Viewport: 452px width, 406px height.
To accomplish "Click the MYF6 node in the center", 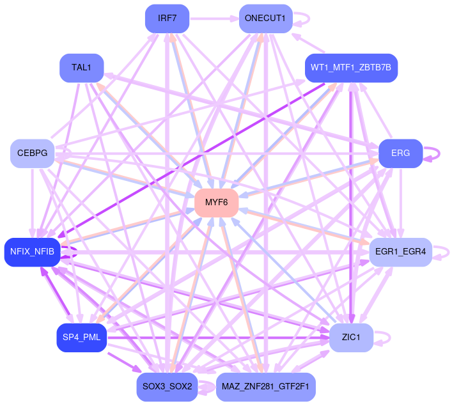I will [x=217, y=202].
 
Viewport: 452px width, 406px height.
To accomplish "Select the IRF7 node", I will [x=167, y=18].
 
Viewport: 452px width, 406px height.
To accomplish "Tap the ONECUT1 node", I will [x=265, y=18].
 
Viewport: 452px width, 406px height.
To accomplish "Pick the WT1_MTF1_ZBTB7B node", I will [x=352, y=67].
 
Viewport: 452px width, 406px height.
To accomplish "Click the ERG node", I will [x=401, y=153].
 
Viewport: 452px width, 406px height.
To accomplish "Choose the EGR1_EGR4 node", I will [x=401, y=251].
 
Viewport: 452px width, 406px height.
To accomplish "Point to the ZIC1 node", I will [x=351, y=336].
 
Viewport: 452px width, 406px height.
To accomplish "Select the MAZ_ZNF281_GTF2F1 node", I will [x=266, y=387].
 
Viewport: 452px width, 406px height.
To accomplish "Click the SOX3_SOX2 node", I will [x=167, y=387].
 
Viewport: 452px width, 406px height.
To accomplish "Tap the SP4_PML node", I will [x=81, y=337].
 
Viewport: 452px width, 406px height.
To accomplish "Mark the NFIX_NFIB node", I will [x=32, y=251].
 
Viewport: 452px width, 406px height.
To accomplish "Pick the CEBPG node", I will [x=32, y=153].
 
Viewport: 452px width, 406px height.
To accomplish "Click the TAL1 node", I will [x=81, y=67].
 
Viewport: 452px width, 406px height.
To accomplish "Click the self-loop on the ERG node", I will [x=437, y=153].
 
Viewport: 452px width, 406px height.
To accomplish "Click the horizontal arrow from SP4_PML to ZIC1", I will [x=217, y=337].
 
